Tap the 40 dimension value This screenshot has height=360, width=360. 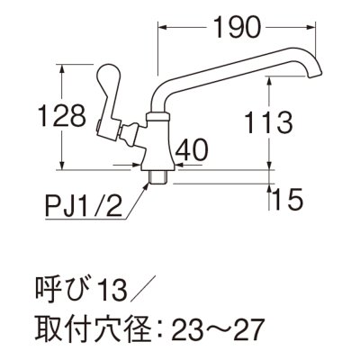click(x=191, y=148)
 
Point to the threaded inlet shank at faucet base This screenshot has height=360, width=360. click(x=159, y=175)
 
